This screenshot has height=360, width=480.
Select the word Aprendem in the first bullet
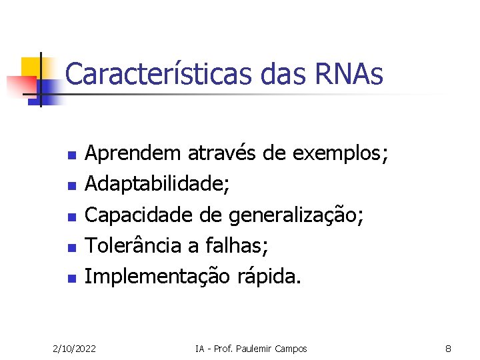coord(133,154)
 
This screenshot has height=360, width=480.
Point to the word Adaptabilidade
coord(158,185)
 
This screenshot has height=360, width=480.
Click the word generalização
coord(296,215)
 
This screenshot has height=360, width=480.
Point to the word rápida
coord(269,277)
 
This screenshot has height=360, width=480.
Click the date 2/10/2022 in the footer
coord(75,349)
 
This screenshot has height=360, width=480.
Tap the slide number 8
coord(449,349)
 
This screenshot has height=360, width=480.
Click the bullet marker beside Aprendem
coord(71,156)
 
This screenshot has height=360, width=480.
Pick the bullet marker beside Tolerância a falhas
coord(71,248)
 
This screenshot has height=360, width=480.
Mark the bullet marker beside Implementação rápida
coord(71,279)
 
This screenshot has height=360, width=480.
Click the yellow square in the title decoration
coord(31,67)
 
